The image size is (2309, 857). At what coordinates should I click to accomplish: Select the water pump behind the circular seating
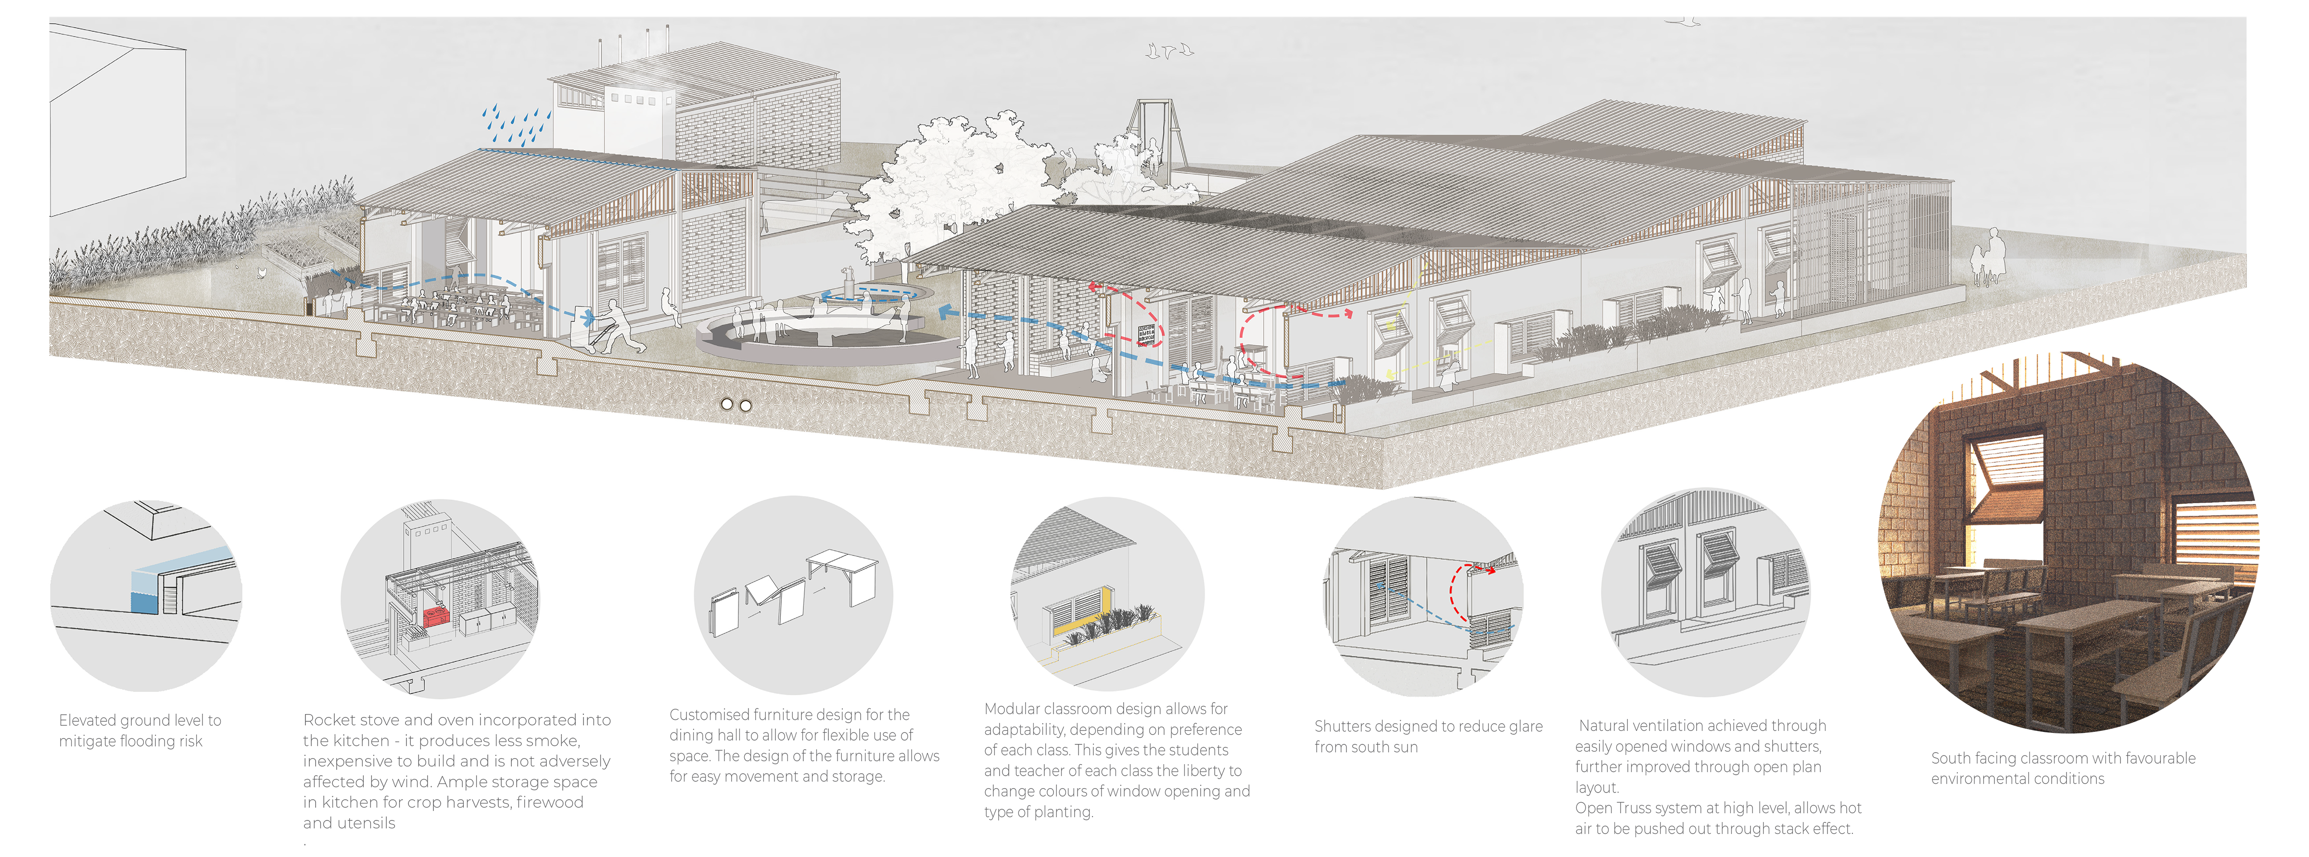click(847, 282)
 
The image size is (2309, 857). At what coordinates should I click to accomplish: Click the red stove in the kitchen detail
click(437, 616)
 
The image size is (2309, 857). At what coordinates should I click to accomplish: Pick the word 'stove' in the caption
click(379, 720)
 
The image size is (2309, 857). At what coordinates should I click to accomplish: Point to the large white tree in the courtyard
click(950, 188)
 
